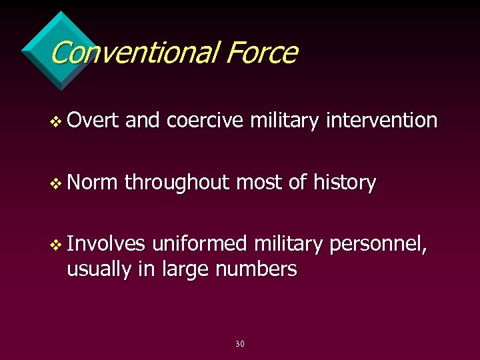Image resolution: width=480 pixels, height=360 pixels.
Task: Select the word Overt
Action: [93, 120]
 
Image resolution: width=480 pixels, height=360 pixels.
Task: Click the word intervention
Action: [382, 120]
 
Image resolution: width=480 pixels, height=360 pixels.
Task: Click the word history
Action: [342, 182]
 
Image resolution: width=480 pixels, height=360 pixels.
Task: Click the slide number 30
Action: [240, 344]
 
